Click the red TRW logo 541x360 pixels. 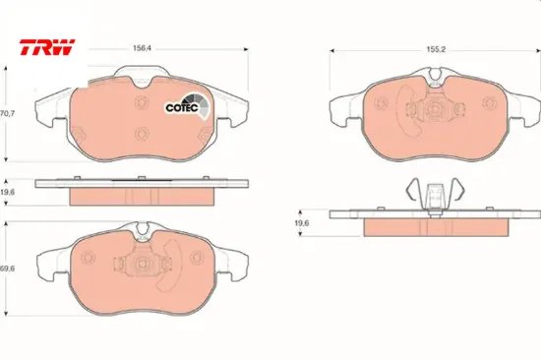coord(47,47)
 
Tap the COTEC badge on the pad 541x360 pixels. coord(187,106)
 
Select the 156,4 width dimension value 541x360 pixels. coord(143,48)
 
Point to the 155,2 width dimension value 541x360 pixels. coord(436,50)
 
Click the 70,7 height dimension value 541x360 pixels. coord(7,113)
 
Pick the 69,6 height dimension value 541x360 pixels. coord(7,269)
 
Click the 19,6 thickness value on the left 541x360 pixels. coord(7,192)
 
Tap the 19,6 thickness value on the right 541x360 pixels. coord(302,223)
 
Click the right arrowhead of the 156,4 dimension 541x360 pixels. coord(246,49)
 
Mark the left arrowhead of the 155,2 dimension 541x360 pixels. coord(331,51)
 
